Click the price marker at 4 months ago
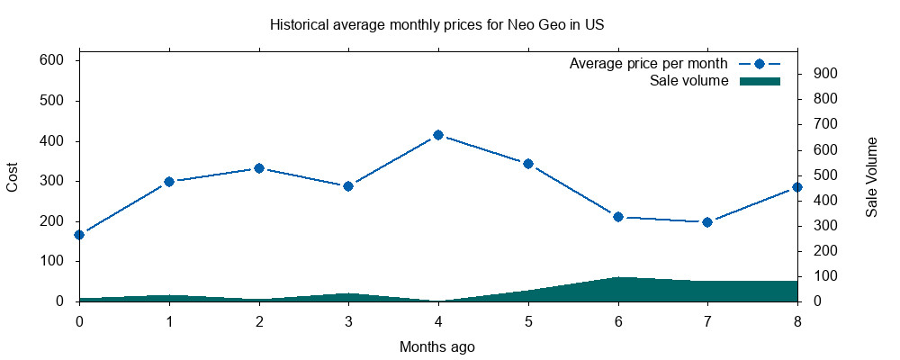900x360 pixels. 438,135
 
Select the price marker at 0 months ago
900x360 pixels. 79,235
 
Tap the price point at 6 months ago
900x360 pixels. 618,217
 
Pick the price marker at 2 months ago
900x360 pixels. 259,168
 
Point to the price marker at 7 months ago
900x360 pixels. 707,222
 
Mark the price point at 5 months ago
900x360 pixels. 528,164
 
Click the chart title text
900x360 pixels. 436,24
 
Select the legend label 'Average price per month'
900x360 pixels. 648,64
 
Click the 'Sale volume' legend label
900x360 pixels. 688,81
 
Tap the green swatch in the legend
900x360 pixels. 759,81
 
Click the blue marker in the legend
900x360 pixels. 759,64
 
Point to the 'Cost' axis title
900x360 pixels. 13,176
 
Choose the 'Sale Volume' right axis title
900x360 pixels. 871,176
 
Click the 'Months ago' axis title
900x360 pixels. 437,346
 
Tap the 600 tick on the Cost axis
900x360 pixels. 50,60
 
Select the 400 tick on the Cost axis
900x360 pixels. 50,141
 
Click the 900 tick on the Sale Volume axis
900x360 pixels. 826,74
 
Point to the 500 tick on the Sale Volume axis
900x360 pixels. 826,175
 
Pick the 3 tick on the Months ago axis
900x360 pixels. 348,319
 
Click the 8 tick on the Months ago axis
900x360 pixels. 797,319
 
